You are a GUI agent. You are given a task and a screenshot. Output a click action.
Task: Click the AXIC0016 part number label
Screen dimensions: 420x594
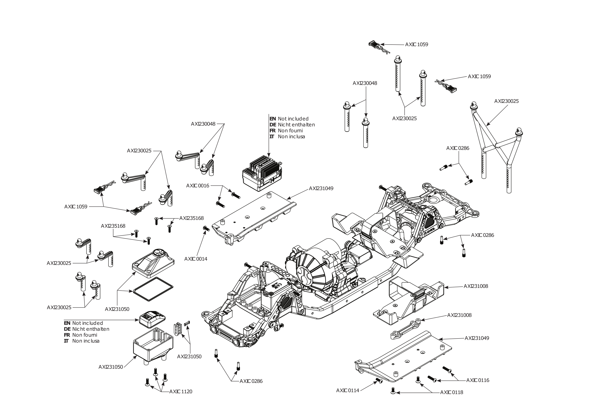pos(198,186)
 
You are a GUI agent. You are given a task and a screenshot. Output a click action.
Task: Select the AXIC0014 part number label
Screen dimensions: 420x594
pos(196,259)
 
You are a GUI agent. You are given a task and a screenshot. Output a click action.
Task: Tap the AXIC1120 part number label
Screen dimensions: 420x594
pos(181,391)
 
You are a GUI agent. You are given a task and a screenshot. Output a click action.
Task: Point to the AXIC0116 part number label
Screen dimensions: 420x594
pos(478,380)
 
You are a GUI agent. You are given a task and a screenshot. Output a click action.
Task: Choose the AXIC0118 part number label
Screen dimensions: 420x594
pos(451,392)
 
